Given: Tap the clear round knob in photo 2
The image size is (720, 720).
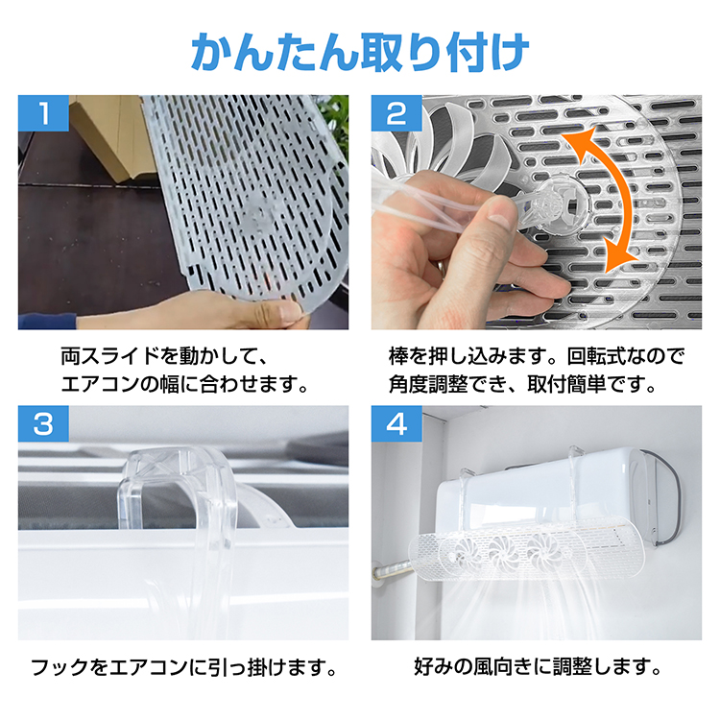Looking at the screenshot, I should [562, 202].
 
